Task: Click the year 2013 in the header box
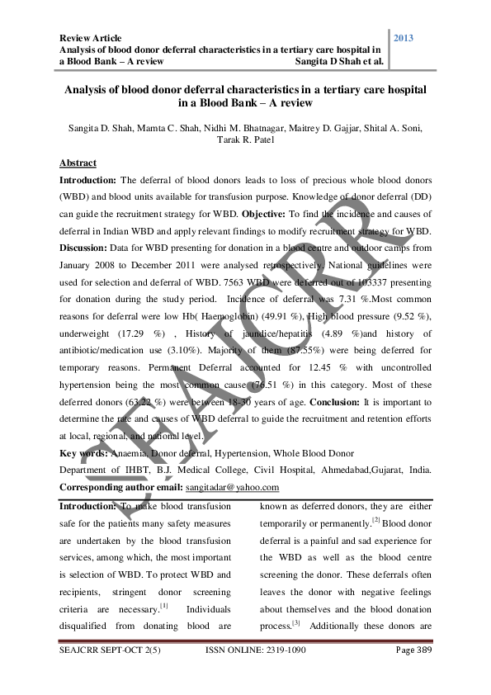click(406, 39)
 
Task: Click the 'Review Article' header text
click(90, 38)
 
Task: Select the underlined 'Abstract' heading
click(78, 163)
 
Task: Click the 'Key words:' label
click(84, 452)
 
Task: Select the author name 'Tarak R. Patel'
click(245, 139)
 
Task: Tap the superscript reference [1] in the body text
click(165, 606)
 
